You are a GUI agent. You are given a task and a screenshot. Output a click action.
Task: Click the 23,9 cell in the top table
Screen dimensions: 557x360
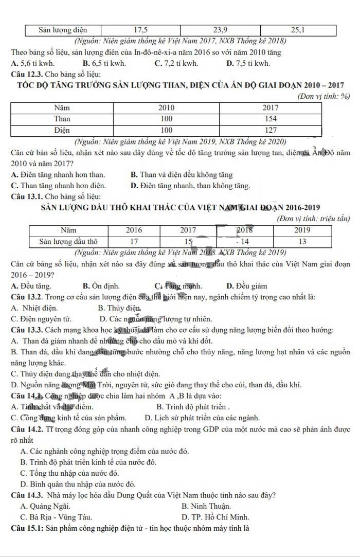[220, 30]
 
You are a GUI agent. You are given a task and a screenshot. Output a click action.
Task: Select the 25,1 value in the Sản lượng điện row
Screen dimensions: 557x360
[298, 30]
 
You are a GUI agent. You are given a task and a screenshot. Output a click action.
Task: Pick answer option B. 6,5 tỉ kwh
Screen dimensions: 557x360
[103, 63]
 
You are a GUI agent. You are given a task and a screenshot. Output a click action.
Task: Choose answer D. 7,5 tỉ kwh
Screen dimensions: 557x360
[248, 63]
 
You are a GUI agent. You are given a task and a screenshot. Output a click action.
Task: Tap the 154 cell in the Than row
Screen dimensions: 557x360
[271, 118]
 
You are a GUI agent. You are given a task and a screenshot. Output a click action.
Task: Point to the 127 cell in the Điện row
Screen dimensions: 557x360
[271, 130]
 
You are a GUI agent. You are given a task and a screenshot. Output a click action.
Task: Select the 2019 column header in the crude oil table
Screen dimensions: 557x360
[302, 230]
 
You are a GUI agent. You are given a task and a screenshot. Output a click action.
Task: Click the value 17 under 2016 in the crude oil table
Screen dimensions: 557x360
[134, 241]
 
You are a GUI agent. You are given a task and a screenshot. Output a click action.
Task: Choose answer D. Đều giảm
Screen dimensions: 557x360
[246, 286]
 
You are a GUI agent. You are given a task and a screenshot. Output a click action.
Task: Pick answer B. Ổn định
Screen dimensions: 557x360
[101, 286]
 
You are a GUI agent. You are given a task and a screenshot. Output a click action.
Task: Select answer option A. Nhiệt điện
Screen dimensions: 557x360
[34, 308]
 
